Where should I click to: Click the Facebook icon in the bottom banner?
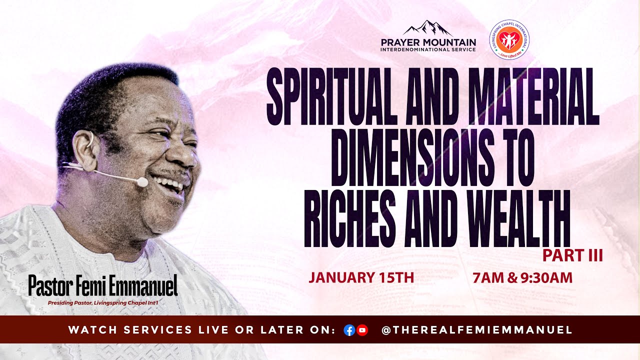tap(349, 330)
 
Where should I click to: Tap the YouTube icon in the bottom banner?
tap(362, 330)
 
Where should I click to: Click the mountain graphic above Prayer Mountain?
tap(428, 28)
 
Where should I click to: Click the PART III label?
tap(572, 255)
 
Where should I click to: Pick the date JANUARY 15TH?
tap(361, 277)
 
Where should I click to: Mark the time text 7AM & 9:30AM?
tap(522, 277)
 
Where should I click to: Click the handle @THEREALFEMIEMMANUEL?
tap(476, 330)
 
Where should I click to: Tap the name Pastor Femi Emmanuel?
tap(103, 285)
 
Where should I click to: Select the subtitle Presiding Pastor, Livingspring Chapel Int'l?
tap(103, 302)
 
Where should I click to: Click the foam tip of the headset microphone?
tap(142, 182)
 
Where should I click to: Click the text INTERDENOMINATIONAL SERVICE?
tap(428, 49)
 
